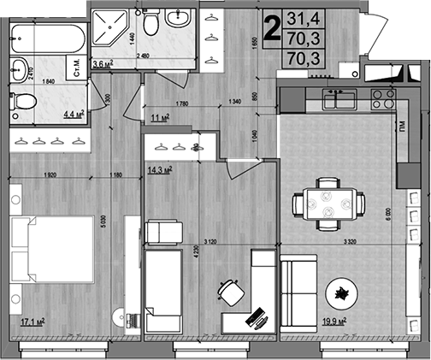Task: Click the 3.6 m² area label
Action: [x=103, y=63]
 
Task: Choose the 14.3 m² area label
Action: [x=159, y=169]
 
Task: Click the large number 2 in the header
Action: [x=272, y=29]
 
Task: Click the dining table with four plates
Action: [x=328, y=204]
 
